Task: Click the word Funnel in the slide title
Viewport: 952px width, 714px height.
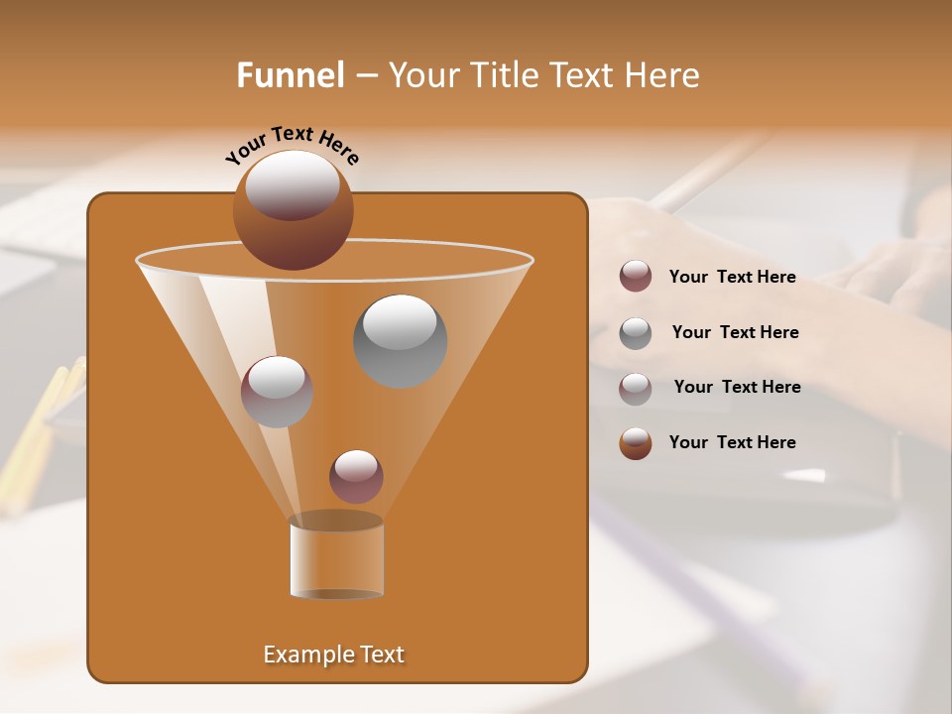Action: click(291, 75)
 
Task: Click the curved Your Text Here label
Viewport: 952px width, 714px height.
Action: click(292, 143)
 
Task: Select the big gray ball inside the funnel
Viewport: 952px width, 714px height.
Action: click(400, 341)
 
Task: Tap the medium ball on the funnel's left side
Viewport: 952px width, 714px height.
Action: click(277, 392)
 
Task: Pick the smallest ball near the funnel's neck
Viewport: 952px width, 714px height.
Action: click(356, 477)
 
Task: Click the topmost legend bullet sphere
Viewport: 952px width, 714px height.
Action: click(636, 277)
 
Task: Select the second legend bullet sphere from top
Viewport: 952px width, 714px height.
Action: click(636, 333)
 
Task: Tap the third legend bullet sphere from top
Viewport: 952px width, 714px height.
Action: click(636, 388)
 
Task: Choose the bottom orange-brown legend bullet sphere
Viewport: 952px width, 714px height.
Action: click(636, 443)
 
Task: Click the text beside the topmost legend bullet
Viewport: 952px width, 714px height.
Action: click(732, 278)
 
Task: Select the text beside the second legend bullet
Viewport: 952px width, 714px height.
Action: click(735, 333)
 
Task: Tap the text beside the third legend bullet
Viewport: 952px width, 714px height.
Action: click(737, 388)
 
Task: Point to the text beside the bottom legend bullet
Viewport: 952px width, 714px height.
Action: click(732, 443)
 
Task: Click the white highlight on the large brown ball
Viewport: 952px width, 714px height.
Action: click(293, 184)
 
